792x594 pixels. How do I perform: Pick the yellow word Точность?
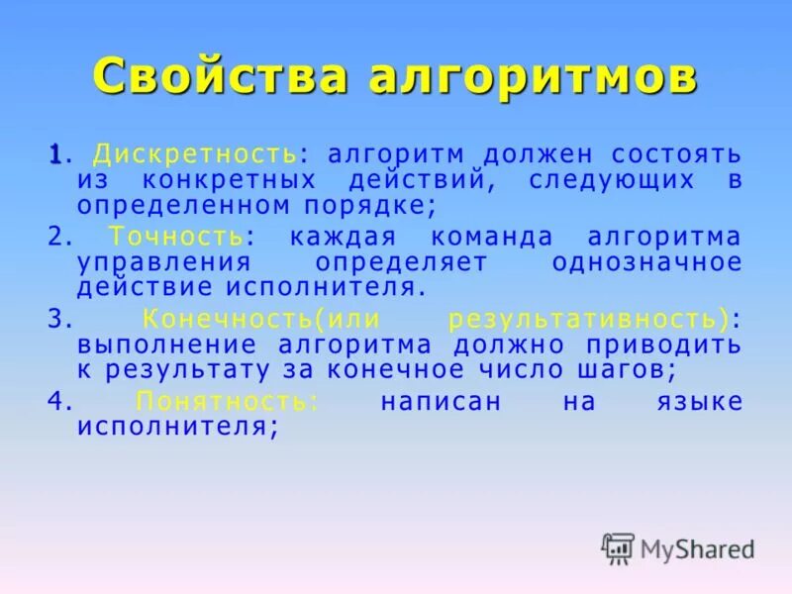coord(175,238)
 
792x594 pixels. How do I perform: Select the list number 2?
coord(55,238)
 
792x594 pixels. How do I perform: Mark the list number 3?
coord(55,320)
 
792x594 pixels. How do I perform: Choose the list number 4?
coord(55,402)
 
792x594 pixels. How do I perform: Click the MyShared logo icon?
coord(618,547)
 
